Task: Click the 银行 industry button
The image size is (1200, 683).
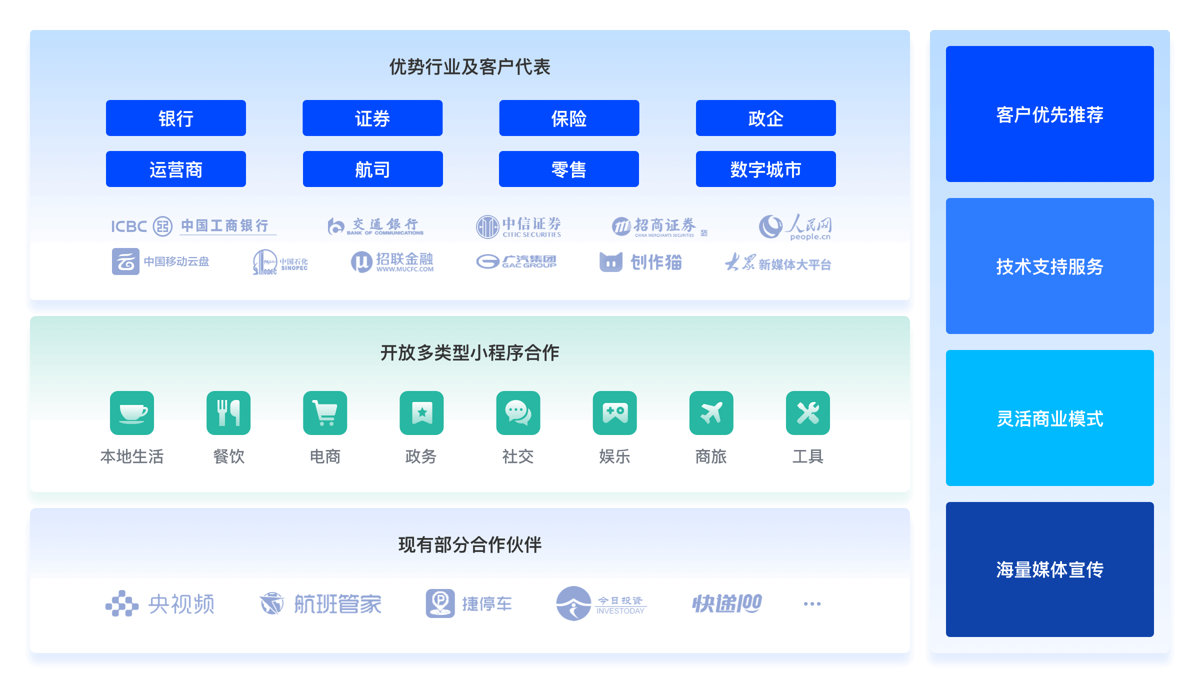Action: click(175, 118)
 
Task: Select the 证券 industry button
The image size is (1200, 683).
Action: click(372, 118)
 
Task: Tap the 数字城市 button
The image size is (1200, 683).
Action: click(765, 169)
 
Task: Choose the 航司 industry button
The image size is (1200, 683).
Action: click(372, 169)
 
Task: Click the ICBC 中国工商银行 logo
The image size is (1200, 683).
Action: click(193, 226)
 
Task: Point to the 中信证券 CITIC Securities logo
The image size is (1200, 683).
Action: click(518, 226)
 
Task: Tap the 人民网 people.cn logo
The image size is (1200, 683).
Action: click(795, 226)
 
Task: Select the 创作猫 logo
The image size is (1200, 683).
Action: click(640, 262)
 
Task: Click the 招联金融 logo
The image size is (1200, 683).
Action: click(392, 261)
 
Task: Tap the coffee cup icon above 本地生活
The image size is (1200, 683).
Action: click(132, 413)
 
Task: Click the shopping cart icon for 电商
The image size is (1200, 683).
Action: click(325, 413)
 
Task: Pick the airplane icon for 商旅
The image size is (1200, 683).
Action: click(711, 413)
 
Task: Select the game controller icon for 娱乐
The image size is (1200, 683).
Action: click(614, 413)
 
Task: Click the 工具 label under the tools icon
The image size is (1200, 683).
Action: click(807, 456)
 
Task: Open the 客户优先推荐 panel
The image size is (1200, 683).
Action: click(1049, 114)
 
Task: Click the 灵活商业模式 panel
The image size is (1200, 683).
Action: click(1049, 418)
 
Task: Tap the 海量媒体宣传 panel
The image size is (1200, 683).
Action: click(1049, 569)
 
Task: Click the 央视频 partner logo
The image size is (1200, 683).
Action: click(160, 604)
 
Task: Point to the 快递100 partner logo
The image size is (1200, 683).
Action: click(727, 604)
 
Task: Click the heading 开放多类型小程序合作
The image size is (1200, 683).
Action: click(469, 353)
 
